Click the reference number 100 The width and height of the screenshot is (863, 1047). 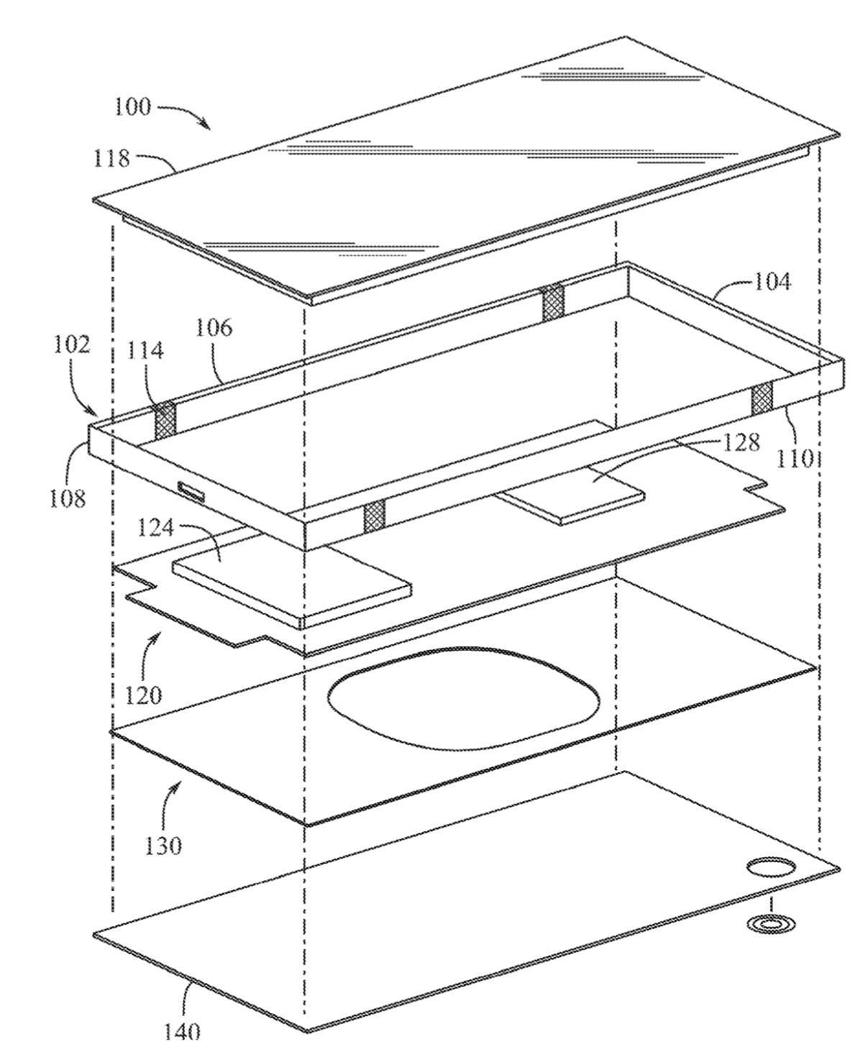133,107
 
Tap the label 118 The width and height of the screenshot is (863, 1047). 111,158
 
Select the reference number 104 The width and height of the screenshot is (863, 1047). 772,282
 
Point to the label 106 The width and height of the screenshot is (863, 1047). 214,328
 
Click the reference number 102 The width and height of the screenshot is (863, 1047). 72,345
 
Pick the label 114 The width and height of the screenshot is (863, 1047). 145,350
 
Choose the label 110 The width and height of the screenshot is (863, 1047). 795,458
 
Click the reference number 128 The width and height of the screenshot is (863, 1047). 741,442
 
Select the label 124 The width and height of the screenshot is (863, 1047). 155,528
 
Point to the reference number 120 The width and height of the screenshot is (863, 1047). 143,695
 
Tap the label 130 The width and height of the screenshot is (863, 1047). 163,846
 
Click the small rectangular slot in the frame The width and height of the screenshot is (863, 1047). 191,490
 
